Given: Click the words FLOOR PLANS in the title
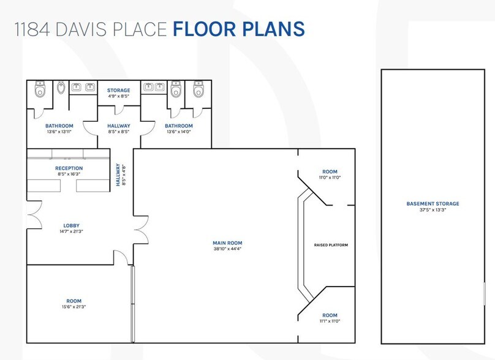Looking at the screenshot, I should click(x=239, y=29).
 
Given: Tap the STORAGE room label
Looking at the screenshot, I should click(x=119, y=91).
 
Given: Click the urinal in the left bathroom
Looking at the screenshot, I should click(x=61, y=89).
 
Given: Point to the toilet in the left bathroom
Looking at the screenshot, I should click(x=40, y=89).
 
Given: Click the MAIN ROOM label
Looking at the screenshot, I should click(x=227, y=243).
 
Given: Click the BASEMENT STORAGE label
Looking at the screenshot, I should click(x=433, y=203).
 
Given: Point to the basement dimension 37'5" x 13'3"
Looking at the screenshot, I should click(x=433, y=210).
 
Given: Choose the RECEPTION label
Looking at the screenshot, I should click(x=69, y=168).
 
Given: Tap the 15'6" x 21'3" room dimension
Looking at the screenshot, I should click(x=74, y=307).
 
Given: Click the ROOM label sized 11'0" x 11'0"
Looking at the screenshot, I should click(x=330, y=171).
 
